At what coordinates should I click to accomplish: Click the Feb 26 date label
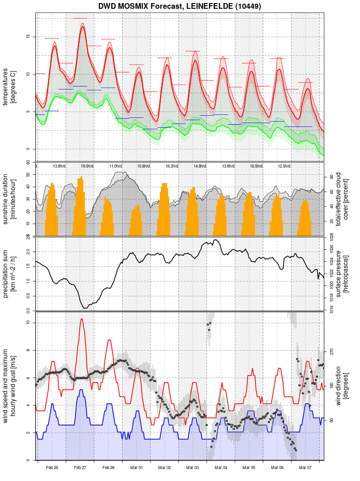click(52, 468)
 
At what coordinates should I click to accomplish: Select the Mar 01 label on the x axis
click(137, 468)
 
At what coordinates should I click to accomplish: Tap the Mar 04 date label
click(221, 468)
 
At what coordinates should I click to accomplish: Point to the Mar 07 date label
click(305, 468)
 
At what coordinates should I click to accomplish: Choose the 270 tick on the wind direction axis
click(332, 351)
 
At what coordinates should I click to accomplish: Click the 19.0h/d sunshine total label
click(87, 166)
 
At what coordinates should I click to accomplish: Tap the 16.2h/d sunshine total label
click(172, 166)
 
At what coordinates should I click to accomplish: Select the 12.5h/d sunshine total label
click(284, 166)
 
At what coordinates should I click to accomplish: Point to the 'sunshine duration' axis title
click(6, 199)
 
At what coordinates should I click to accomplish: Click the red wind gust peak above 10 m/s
click(82, 319)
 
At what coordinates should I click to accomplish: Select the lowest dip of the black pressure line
click(85, 308)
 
